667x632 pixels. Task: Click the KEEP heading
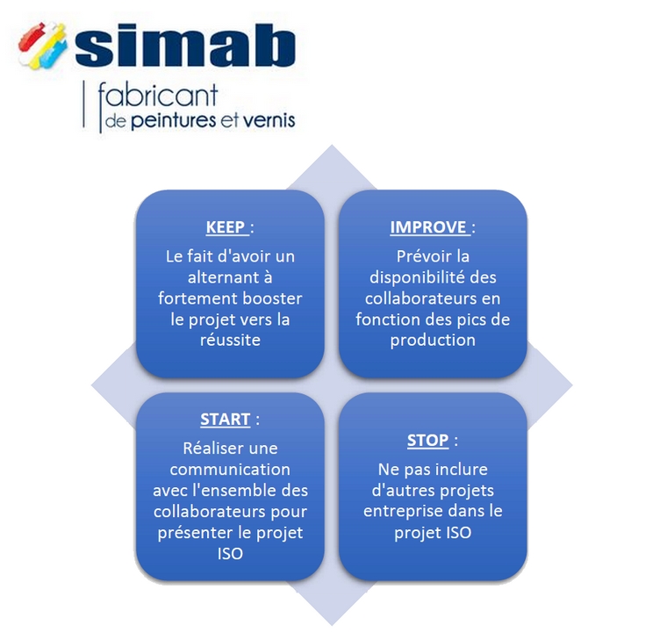tap(226, 226)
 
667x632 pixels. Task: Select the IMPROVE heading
tap(428, 226)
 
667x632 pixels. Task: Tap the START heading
tap(225, 420)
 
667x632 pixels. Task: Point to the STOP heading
tap(427, 440)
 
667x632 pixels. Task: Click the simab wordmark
tap(185, 45)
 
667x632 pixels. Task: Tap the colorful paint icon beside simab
tap(42, 45)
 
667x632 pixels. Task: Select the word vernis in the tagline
tap(269, 120)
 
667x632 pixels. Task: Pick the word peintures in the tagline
tap(174, 121)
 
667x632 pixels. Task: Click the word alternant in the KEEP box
tap(226, 277)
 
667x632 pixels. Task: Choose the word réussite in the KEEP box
tap(230, 340)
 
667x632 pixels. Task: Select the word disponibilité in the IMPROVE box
tap(411, 277)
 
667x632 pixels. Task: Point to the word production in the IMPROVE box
tap(433, 341)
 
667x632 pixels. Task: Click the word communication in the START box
tap(230, 470)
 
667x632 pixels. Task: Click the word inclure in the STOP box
tap(461, 470)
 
